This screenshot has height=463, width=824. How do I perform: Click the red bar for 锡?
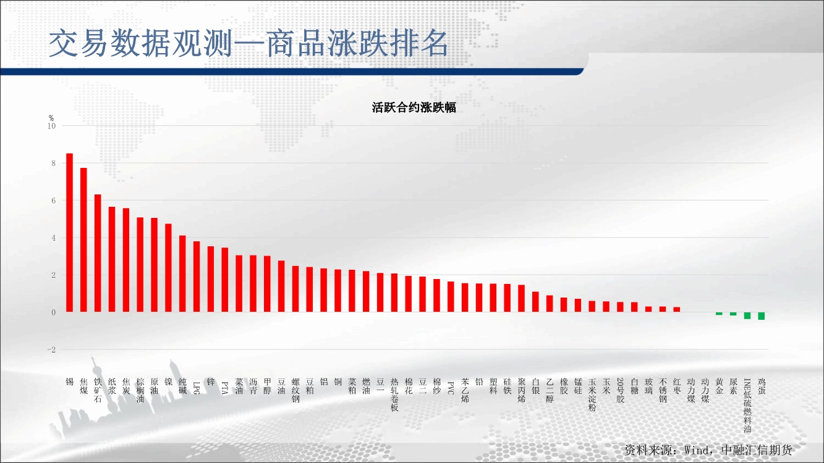[x=69, y=233]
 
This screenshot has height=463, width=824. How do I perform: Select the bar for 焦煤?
[x=83, y=240]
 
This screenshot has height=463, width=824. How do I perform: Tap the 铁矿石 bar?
[x=98, y=253]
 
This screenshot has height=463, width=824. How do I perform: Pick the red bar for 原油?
[x=154, y=265]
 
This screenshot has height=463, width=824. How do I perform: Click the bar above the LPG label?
[x=197, y=277]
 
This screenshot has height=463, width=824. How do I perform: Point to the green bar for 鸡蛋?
[x=762, y=316]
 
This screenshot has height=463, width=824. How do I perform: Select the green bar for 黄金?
[x=719, y=314]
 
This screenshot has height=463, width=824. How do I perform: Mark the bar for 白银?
[x=535, y=302]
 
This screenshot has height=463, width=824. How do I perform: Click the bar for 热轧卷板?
[x=394, y=293]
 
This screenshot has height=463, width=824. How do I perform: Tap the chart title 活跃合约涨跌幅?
[x=414, y=107]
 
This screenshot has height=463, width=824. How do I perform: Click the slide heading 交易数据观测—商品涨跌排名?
[x=248, y=44]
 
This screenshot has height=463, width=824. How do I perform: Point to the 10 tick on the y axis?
[x=51, y=126]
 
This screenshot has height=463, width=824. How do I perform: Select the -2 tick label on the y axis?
[x=51, y=350]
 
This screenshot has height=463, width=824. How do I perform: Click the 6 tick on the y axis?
[x=54, y=201]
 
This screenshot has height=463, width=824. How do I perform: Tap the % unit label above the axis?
[x=51, y=118]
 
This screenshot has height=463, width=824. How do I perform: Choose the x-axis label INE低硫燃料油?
[x=747, y=406]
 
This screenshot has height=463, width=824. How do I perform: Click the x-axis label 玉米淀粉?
[x=592, y=394]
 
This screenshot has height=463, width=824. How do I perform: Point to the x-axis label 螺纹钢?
[x=295, y=390]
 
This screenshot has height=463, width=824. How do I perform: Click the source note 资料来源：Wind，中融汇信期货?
[x=708, y=450]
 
